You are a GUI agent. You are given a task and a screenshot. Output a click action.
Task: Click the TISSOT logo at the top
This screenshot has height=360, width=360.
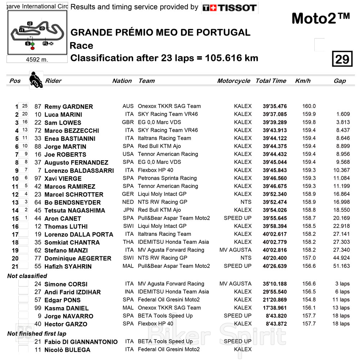pyautogui.click(x=229, y=8)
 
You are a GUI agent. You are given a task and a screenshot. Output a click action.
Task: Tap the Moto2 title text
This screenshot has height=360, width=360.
pyautogui.click(x=320, y=18)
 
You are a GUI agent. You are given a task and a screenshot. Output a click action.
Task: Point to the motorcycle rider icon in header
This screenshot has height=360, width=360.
pyautogui.click(x=36, y=80)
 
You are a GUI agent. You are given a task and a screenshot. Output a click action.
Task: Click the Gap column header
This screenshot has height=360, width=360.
pyautogui.click(x=339, y=81)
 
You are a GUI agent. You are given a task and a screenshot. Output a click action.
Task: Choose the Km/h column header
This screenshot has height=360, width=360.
pyautogui.click(x=302, y=81)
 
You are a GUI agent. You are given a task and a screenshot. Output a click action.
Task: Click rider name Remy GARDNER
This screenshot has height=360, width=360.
pyautogui.click(x=68, y=107)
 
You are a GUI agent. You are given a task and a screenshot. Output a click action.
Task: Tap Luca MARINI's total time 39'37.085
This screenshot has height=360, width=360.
pyautogui.click(x=275, y=114)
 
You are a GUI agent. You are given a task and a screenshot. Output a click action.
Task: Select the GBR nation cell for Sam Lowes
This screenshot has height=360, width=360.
pyautogui.click(x=128, y=122)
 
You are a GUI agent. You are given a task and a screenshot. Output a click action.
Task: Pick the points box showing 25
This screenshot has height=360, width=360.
pyautogui.click(x=24, y=106)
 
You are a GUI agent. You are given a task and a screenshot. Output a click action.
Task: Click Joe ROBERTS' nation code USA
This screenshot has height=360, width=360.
pyautogui.click(x=128, y=154)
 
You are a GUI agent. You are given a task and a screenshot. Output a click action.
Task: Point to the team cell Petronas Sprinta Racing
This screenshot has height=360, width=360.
pyautogui.click(x=167, y=178)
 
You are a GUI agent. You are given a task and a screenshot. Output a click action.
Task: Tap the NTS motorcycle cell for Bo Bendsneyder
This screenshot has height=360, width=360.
pyautogui.click(x=246, y=202)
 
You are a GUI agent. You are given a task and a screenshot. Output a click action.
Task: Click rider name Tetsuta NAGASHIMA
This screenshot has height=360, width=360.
pyautogui.click(x=75, y=211)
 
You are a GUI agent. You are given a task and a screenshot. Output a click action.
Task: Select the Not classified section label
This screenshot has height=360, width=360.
pyautogui.click(x=27, y=276)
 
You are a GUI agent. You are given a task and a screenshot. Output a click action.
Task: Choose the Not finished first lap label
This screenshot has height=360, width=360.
pyautogui.click(x=37, y=334)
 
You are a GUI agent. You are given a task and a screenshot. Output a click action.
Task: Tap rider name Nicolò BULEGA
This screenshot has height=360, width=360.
pyautogui.click(x=67, y=350)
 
